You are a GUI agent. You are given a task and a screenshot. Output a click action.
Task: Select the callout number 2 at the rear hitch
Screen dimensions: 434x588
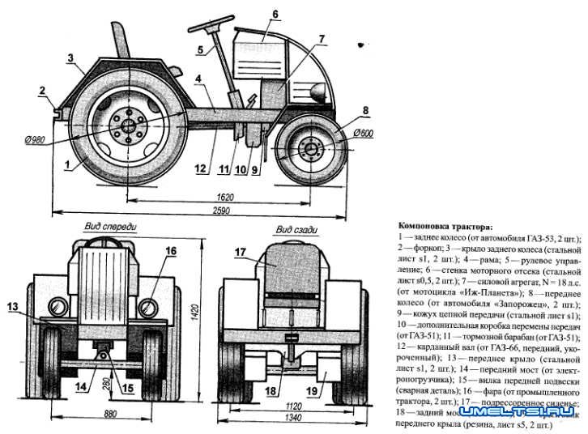[41, 91]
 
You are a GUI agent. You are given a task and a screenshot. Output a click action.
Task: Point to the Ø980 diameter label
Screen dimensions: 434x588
[35, 139]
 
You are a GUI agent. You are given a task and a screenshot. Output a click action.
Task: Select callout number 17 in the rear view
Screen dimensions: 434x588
[241, 253]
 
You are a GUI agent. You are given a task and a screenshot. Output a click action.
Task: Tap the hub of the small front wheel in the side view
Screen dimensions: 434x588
[309, 149]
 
